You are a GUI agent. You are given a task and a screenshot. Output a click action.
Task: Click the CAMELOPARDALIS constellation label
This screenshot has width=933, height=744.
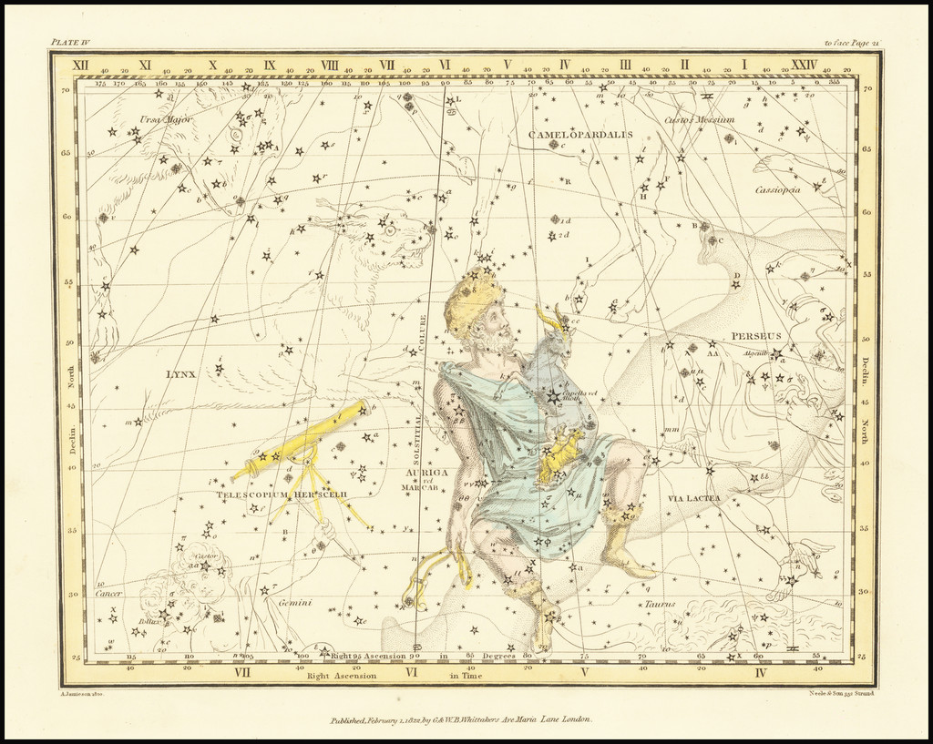579,135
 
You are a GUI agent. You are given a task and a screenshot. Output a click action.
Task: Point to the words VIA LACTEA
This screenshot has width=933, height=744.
693,498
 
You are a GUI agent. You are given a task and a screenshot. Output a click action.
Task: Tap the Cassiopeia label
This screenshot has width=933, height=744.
777,189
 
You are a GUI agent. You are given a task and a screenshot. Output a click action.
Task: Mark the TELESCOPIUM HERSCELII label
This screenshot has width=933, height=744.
282,494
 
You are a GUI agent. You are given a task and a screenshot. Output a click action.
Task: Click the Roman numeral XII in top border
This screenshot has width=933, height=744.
80,65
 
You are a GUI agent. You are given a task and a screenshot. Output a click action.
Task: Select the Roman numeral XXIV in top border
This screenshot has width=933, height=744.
804,65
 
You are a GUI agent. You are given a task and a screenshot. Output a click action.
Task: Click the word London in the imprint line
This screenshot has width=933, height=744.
573,719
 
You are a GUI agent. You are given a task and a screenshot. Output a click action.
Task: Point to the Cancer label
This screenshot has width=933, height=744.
108,594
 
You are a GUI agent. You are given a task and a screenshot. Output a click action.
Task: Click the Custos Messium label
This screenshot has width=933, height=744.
699,119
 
